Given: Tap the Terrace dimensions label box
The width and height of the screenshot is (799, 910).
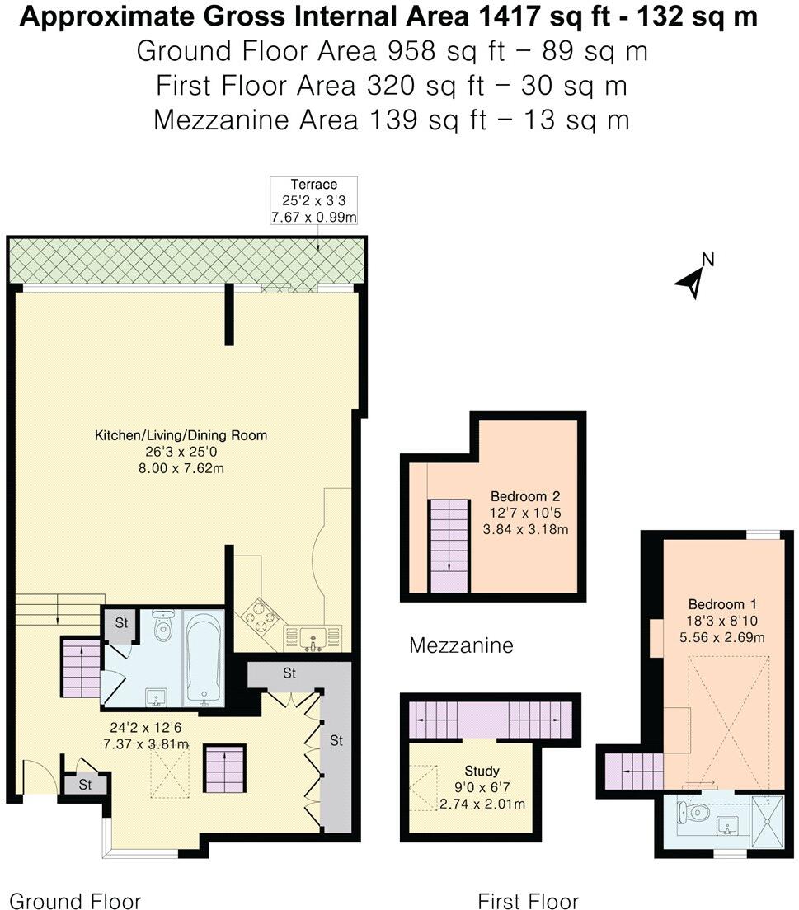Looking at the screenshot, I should (x=314, y=200).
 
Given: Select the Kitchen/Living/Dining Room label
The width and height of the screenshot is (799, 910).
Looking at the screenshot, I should (x=181, y=435).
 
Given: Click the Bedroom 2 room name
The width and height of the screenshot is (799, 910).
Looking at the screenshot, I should (x=525, y=496).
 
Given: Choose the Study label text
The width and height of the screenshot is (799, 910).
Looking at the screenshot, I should (x=482, y=771).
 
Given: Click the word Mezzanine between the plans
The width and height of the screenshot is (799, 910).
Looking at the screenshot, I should (x=461, y=645).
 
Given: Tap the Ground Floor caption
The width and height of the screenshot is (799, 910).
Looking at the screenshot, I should (x=75, y=901).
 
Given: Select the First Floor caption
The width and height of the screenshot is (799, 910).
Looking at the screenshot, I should (x=529, y=901).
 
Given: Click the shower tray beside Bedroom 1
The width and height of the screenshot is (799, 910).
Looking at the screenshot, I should (x=768, y=820).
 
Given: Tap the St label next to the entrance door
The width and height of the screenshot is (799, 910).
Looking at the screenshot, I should (x=86, y=786).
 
